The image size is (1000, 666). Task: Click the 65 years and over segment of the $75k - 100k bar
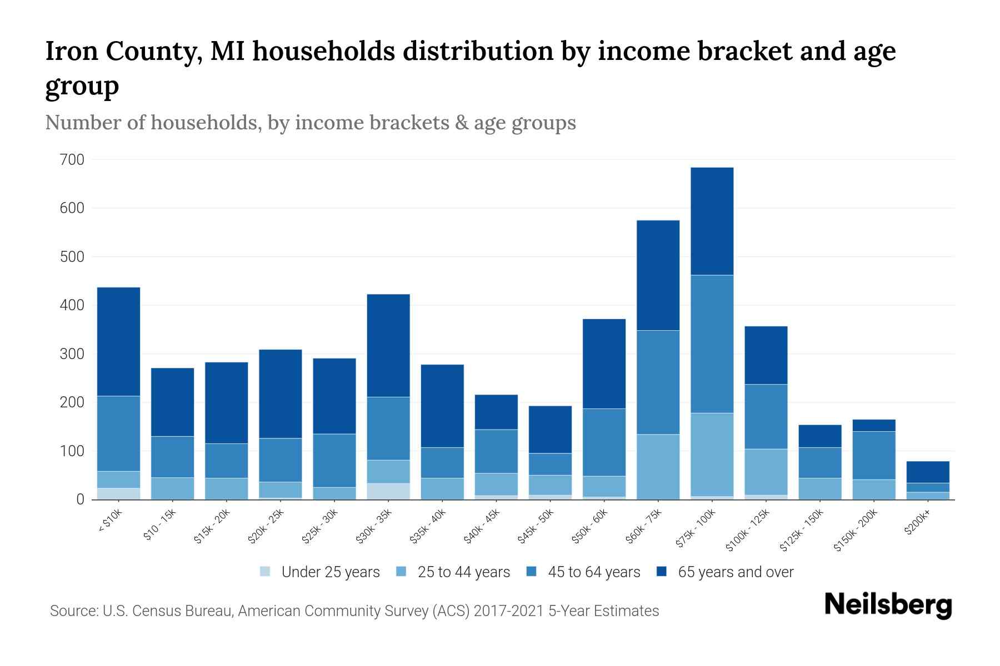(x=712, y=221)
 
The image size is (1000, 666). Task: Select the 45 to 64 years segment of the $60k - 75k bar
(x=658, y=382)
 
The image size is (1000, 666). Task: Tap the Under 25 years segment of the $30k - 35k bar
(x=388, y=491)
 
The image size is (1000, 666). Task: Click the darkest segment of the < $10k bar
(x=118, y=341)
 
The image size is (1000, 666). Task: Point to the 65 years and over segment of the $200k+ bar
(x=928, y=472)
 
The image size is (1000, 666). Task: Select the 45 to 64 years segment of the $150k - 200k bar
(x=874, y=455)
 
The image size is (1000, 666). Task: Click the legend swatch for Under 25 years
(x=266, y=572)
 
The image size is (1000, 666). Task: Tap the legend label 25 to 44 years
(x=463, y=572)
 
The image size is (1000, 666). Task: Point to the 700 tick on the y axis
(x=72, y=160)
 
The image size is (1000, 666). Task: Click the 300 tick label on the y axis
(x=72, y=354)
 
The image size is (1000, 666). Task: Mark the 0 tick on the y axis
(x=80, y=500)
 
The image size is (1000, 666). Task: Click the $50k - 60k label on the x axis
(x=591, y=527)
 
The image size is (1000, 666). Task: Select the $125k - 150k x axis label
(x=803, y=531)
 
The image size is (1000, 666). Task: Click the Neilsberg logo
(x=888, y=605)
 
